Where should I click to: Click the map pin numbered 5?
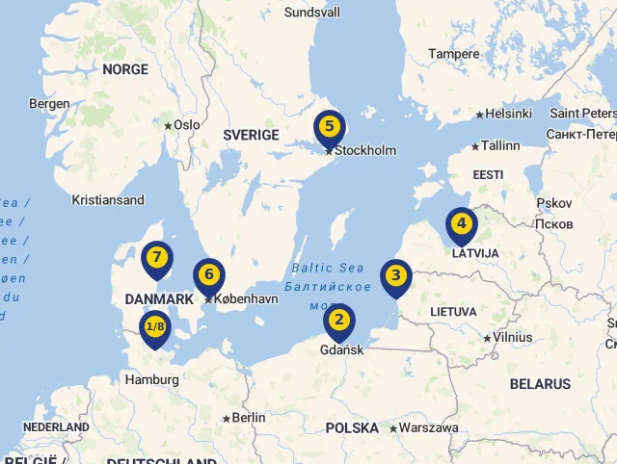point(330,127)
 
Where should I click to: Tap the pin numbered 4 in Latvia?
point(462,224)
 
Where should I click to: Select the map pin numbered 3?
point(394,276)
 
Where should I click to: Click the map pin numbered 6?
point(208,275)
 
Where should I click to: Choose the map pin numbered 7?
point(156,258)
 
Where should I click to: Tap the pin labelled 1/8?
point(155,327)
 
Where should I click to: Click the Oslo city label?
point(186,125)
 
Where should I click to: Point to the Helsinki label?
point(508,114)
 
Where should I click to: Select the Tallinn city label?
point(499,146)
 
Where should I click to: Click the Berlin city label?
point(248,418)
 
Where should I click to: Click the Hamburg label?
point(152,380)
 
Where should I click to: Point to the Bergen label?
point(49,104)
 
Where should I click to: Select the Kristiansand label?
point(108,200)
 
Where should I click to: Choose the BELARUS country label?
point(540,384)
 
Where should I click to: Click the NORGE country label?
point(125,69)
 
